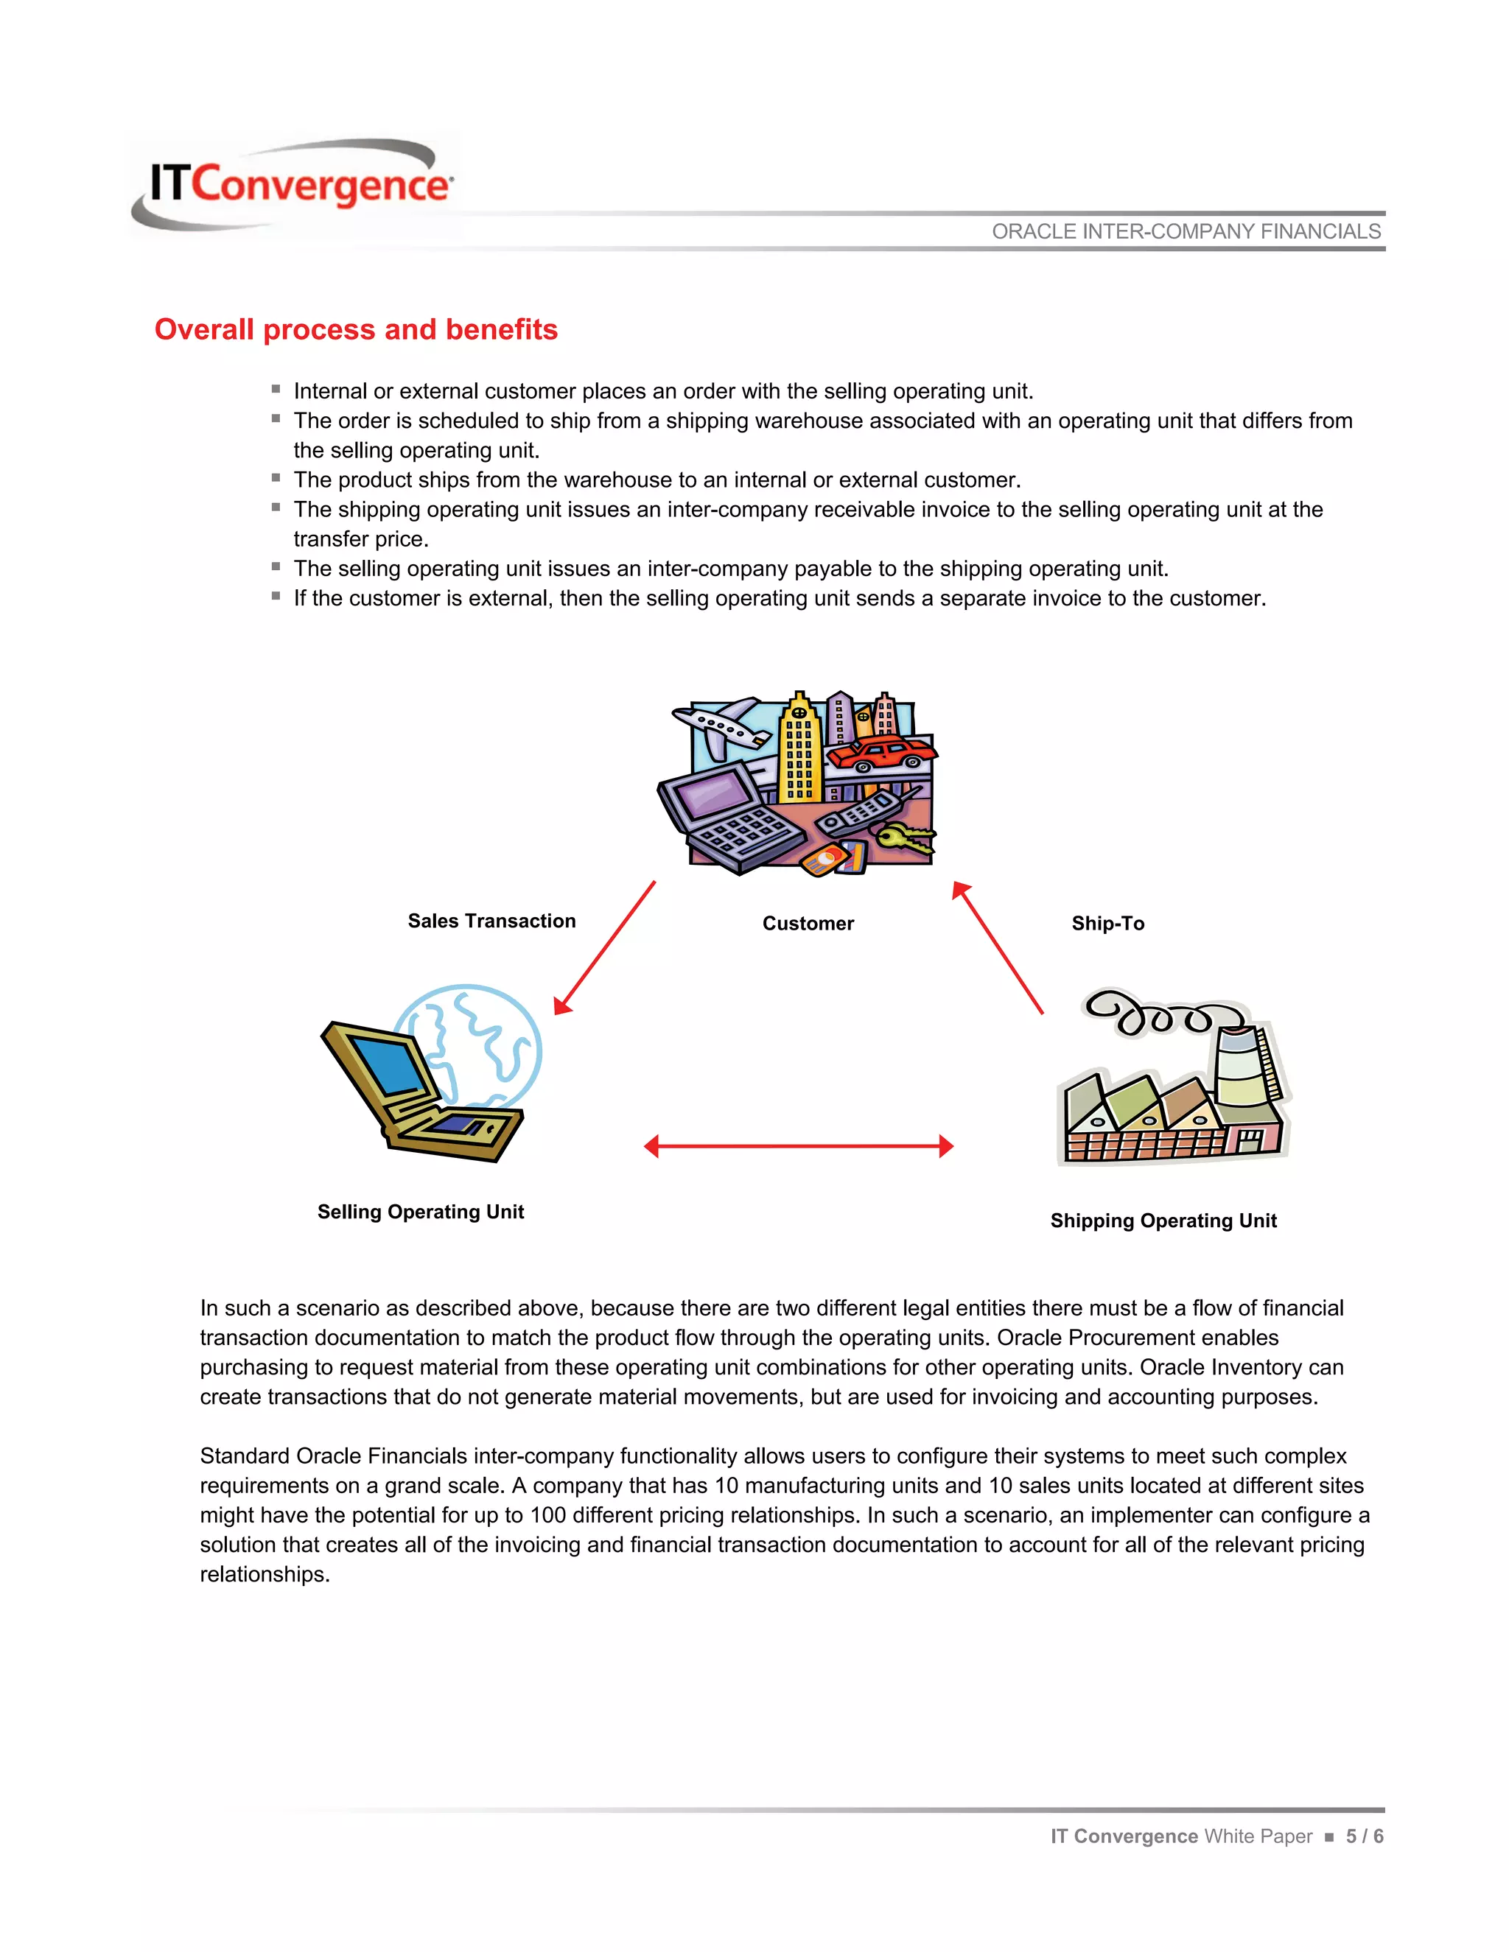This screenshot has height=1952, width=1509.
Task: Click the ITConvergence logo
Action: (x=295, y=184)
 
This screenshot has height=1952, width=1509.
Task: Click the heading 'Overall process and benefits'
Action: (x=356, y=329)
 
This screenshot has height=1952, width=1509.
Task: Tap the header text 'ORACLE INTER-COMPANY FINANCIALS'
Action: (x=1186, y=231)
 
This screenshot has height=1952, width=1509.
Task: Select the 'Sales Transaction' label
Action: (x=491, y=921)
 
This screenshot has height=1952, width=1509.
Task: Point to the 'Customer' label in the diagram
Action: (x=808, y=923)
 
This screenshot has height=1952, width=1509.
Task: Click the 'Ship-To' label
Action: (x=1107, y=923)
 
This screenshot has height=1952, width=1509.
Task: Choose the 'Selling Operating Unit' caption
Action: (x=420, y=1211)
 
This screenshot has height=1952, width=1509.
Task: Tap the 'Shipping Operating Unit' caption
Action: (x=1163, y=1220)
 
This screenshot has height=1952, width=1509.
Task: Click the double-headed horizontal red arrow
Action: (x=798, y=1146)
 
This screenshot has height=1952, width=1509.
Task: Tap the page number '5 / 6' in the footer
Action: (x=1364, y=1836)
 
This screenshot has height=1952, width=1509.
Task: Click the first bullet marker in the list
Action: (x=276, y=390)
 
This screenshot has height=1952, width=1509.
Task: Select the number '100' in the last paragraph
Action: (x=548, y=1515)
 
